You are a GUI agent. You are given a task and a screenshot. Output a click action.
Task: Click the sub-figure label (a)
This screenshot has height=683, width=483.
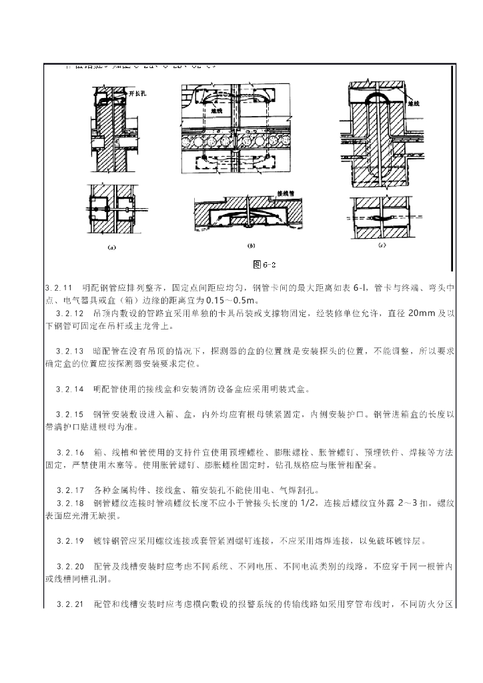(111, 246)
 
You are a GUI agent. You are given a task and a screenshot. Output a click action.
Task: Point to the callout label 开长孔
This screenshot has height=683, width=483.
(138, 95)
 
